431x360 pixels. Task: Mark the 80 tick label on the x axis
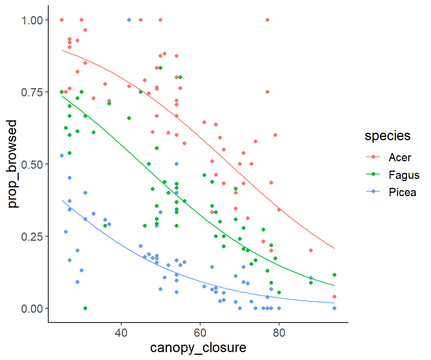pyautogui.click(x=279, y=333)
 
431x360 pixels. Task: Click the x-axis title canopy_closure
pyautogui.click(x=198, y=348)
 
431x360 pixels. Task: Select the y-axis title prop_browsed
pyautogui.click(x=13, y=164)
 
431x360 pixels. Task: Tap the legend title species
pyautogui.click(x=388, y=136)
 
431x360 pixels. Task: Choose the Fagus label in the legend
pyautogui.click(x=404, y=175)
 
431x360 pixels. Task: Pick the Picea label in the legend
pyautogui.click(x=402, y=193)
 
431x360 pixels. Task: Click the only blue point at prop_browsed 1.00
pyautogui.click(x=129, y=20)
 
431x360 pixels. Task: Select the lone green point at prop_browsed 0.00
pyautogui.click(x=85, y=308)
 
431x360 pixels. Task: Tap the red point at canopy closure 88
pyautogui.click(x=311, y=250)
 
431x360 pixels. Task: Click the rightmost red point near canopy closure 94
pyautogui.click(x=334, y=297)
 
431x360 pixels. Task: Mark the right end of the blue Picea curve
pyautogui.click(x=334, y=303)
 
